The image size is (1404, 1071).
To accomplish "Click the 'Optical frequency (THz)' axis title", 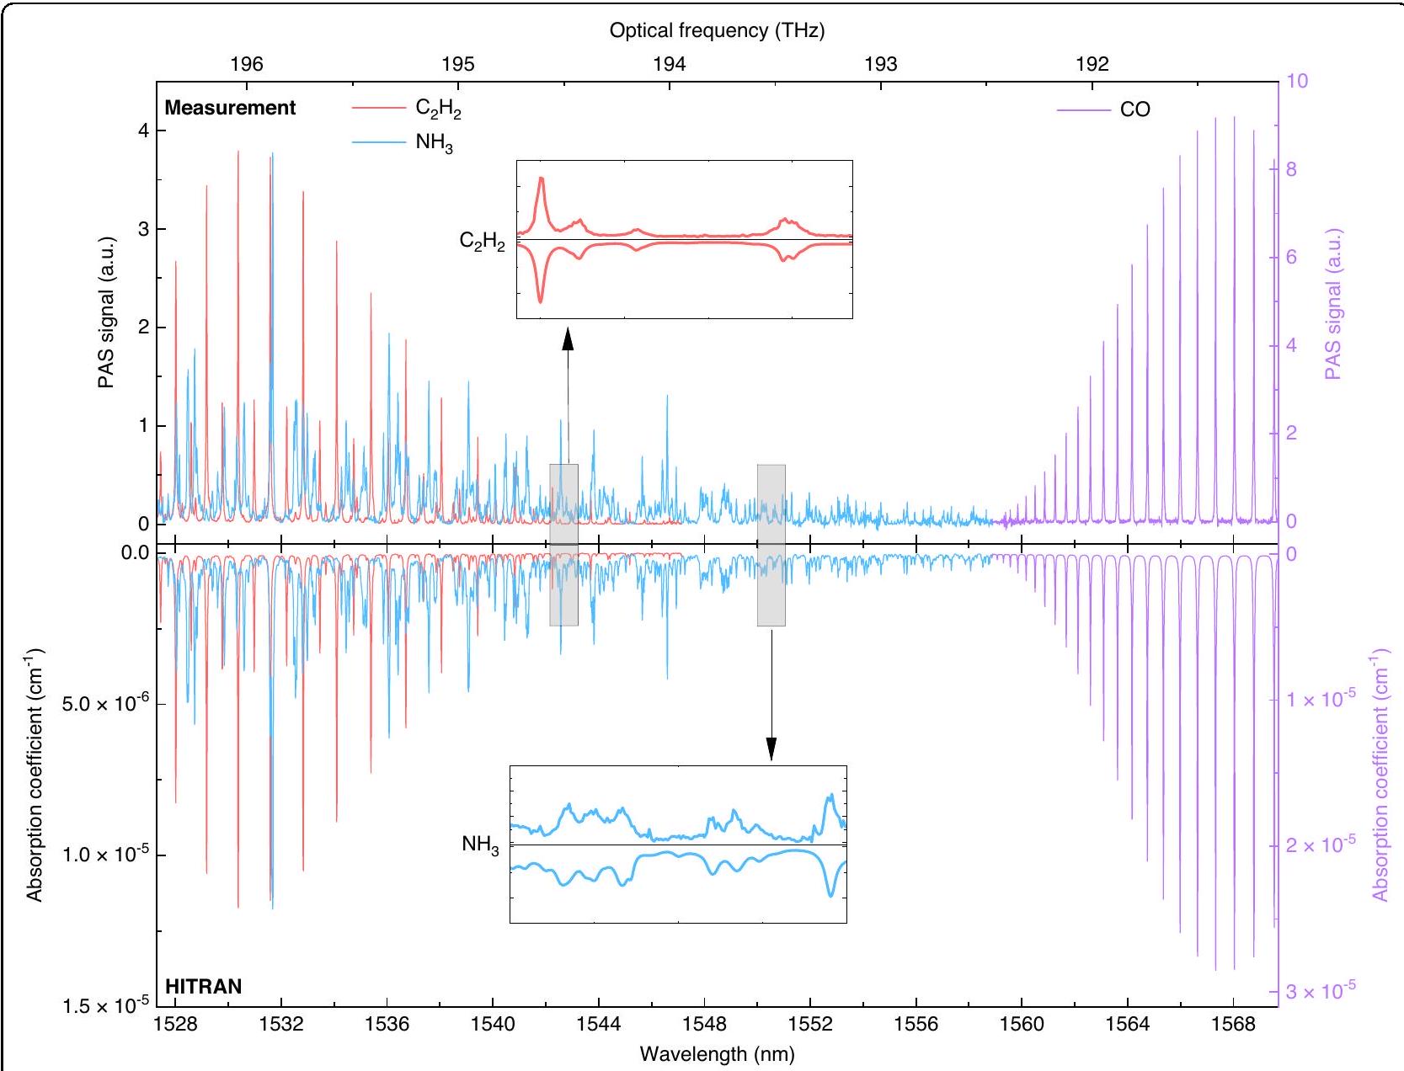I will (x=717, y=31).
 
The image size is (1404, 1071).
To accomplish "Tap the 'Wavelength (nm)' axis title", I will (x=717, y=1053).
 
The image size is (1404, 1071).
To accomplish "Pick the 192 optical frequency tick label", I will (x=1092, y=64).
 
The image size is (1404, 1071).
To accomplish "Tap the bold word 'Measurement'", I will (x=230, y=108).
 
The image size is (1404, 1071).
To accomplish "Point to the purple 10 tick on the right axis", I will (x=1298, y=82).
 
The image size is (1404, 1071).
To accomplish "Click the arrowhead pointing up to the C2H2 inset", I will (x=568, y=338).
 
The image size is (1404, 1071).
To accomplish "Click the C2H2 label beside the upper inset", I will (x=482, y=242).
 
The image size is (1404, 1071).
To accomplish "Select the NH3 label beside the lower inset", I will (x=480, y=845).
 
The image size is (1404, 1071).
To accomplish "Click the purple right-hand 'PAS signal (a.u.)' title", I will (x=1332, y=304).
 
